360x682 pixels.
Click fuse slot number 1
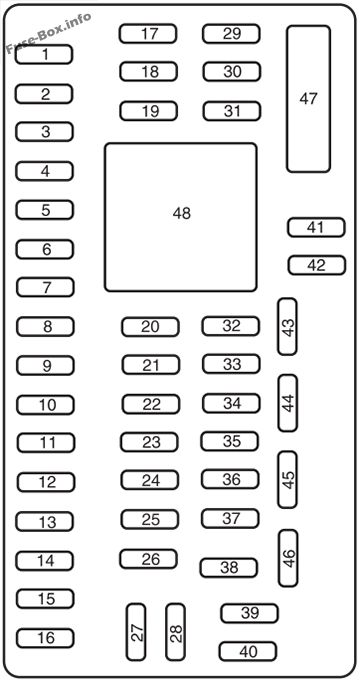(43, 54)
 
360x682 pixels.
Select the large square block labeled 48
(180, 217)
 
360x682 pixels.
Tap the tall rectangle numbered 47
(308, 99)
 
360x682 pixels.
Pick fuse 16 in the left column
(45, 638)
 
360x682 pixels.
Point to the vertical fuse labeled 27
(136, 632)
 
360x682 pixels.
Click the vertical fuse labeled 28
(176, 632)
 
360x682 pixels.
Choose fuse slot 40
(248, 652)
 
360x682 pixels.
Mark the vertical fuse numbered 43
(287, 326)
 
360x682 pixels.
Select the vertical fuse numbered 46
(288, 558)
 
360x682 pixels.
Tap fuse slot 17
(148, 33)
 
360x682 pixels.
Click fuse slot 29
(231, 33)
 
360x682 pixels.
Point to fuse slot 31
(232, 111)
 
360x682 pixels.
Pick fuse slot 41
(316, 227)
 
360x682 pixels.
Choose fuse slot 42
(317, 265)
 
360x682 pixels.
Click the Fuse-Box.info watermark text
(49, 33)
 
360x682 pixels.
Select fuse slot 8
(45, 327)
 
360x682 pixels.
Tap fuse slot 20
(150, 327)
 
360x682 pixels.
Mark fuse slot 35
(230, 441)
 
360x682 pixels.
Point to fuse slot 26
(149, 559)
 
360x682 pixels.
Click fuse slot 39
(250, 613)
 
